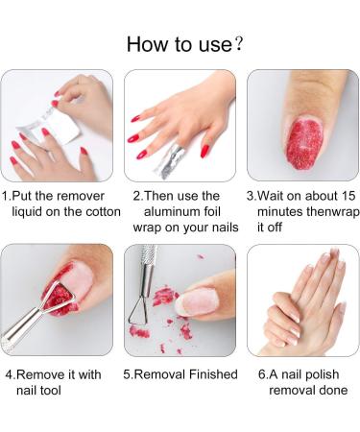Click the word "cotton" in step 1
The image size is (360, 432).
(99, 211)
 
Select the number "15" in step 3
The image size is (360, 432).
(339, 195)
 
